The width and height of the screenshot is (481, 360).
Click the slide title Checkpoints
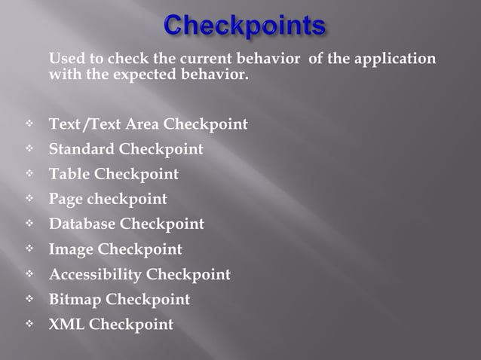point(244,26)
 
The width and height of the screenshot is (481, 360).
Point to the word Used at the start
point(66,59)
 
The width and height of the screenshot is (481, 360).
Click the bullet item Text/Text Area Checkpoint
point(148,124)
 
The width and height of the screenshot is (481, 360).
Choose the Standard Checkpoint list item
point(126,149)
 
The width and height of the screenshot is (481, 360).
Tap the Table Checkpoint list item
point(114,174)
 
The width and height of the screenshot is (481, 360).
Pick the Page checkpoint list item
point(108,200)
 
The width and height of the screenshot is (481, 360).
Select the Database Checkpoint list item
point(126,224)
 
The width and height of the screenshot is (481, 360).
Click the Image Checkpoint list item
point(115,249)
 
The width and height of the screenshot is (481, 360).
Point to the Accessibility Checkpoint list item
point(139,274)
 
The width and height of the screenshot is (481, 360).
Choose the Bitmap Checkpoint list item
point(119,300)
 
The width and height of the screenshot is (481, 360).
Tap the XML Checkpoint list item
point(111,325)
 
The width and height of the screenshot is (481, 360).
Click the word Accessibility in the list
point(95,274)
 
